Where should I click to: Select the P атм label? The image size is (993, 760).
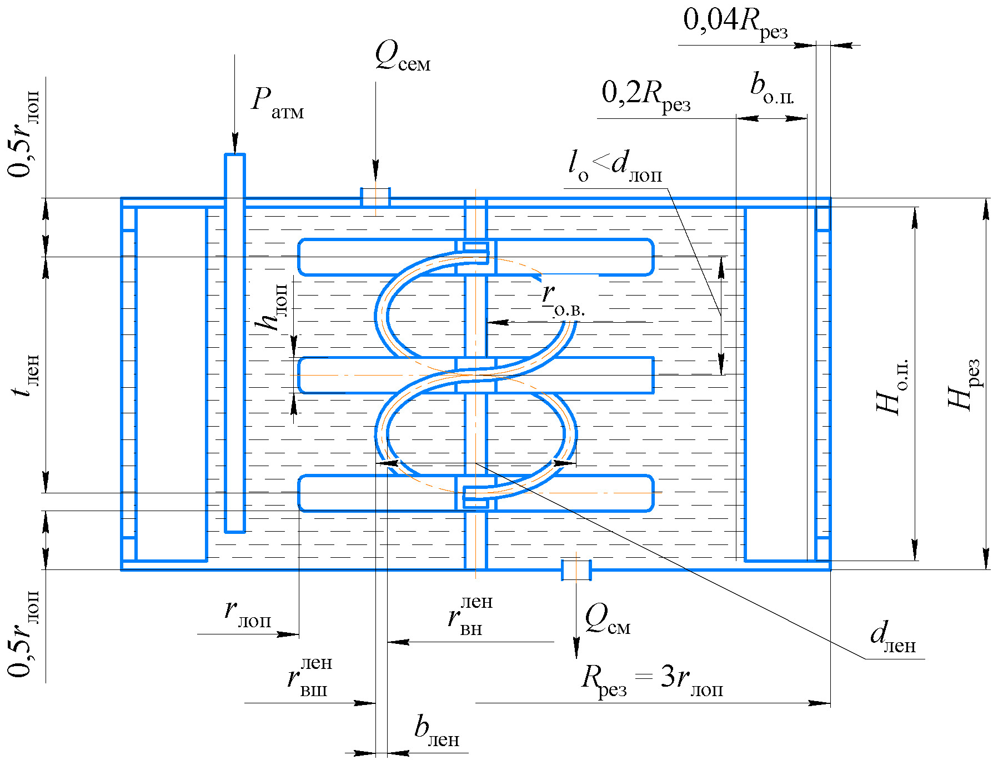[x=277, y=103]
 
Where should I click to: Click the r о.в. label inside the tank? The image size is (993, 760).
[x=563, y=301]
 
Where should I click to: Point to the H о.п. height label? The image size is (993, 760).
[x=892, y=387]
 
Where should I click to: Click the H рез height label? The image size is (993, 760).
[x=964, y=384]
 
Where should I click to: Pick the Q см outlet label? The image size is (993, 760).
[x=607, y=619]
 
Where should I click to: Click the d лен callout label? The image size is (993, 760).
[x=892, y=637]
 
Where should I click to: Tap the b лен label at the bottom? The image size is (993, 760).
[x=437, y=731]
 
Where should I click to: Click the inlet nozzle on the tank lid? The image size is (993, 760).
[x=375, y=197]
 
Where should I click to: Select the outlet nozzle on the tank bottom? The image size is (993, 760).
[x=576, y=570]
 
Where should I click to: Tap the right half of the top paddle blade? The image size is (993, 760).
[x=574, y=257]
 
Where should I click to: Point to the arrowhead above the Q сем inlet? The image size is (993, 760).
[x=375, y=169]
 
